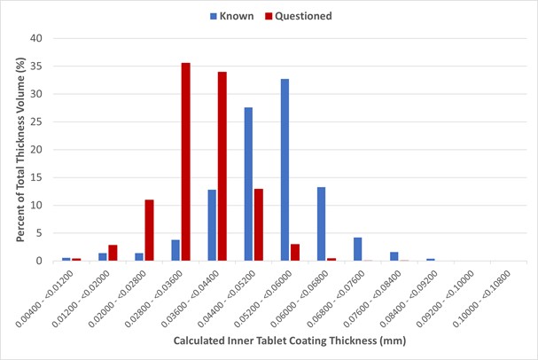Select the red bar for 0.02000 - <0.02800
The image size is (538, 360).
(149, 231)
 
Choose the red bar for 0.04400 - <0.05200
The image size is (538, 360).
(258, 225)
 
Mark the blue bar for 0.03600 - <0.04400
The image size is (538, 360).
(212, 225)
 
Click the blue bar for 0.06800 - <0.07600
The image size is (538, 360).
(357, 249)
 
